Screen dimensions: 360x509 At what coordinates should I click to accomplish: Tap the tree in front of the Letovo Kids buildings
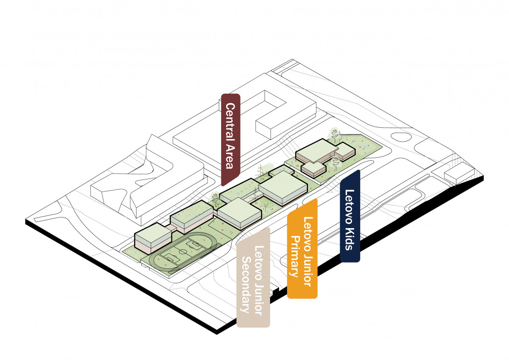coord(335,162)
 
